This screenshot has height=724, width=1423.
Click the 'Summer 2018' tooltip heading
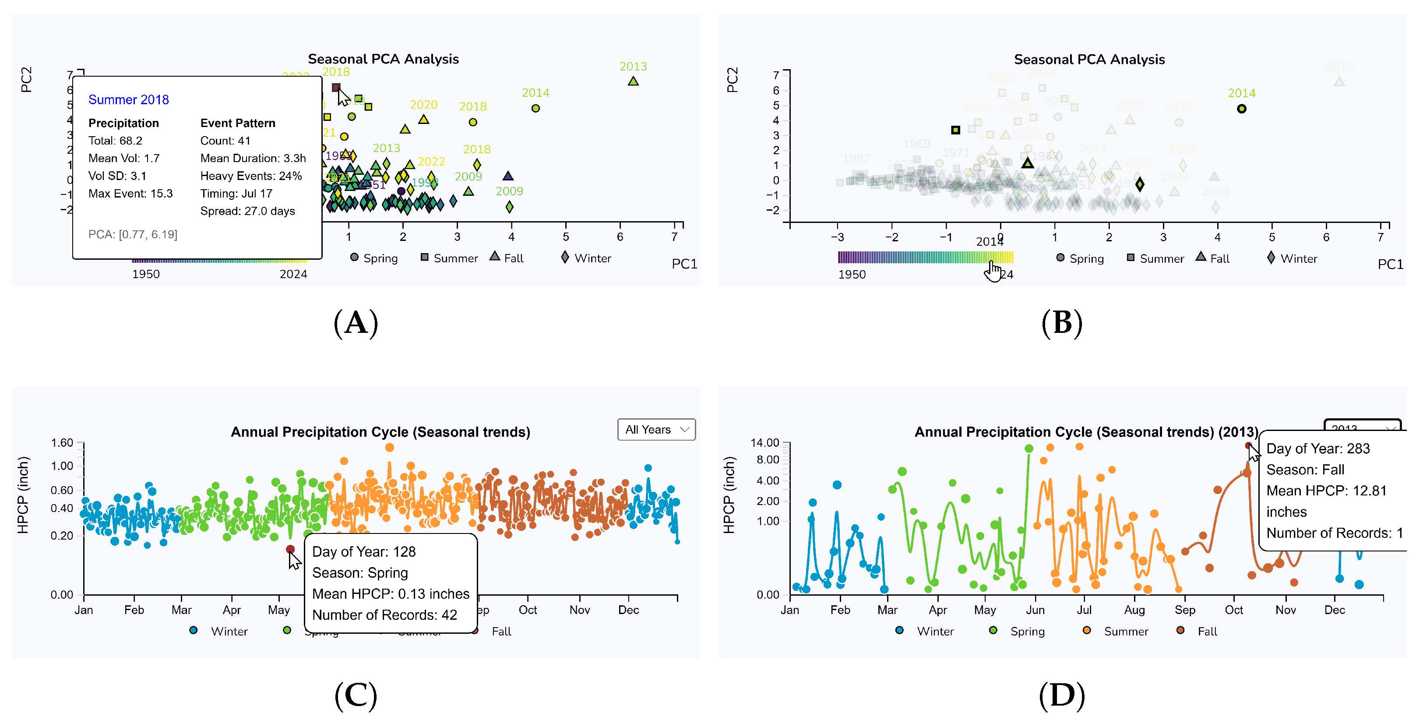point(128,99)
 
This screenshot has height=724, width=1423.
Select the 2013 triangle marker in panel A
point(633,81)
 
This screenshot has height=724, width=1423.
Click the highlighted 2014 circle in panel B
point(1241,109)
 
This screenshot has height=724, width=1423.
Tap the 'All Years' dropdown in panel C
point(656,429)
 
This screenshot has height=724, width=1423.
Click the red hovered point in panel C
point(290,549)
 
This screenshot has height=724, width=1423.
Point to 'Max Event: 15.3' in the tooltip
point(130,194)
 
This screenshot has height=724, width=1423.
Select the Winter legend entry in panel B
point(1298,259)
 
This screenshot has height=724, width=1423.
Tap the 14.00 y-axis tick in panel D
point(764,443)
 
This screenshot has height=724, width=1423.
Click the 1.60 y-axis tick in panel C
point(62,443)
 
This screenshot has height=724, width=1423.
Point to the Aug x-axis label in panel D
point(1134,610)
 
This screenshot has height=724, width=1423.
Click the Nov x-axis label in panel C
point(579,610)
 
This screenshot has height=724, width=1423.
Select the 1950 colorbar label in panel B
point(852,275)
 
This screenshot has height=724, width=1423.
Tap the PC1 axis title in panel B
point(1390,264)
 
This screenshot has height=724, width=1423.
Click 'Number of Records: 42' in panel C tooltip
point(384,615)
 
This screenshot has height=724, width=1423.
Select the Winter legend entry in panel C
point(228,631)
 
